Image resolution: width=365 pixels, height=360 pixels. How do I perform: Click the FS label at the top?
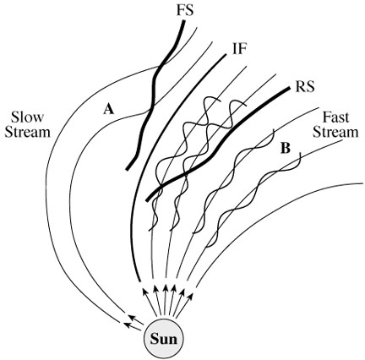[185, 11]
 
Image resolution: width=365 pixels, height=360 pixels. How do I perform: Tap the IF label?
[239, 50]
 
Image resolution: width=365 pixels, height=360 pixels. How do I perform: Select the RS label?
[305, 87]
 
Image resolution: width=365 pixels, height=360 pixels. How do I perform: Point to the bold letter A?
[109, 109]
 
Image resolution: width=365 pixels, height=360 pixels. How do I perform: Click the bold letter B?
[286, 148]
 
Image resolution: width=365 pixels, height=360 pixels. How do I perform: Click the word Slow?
[28, 117]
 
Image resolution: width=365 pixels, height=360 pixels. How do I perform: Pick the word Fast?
[335, 117]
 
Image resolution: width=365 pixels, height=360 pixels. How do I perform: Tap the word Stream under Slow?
[28, 132]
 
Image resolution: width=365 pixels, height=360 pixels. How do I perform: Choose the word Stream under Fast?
[335, 132]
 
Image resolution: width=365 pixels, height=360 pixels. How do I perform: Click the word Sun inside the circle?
[164, 339]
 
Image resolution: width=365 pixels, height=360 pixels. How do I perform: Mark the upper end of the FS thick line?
[184, 21]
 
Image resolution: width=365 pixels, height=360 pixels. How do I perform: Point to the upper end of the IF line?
[225, 55]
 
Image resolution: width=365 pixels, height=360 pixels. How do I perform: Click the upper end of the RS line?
[289, 89]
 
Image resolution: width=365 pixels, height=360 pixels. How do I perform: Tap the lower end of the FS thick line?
[127, 169]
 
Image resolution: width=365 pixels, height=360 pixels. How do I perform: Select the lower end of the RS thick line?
[147, 200]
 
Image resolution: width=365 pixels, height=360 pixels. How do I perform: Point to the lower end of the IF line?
[139, 281]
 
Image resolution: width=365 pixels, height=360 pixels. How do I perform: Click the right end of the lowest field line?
[362, 183]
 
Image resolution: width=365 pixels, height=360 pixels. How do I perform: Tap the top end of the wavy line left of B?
[273, 130]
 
